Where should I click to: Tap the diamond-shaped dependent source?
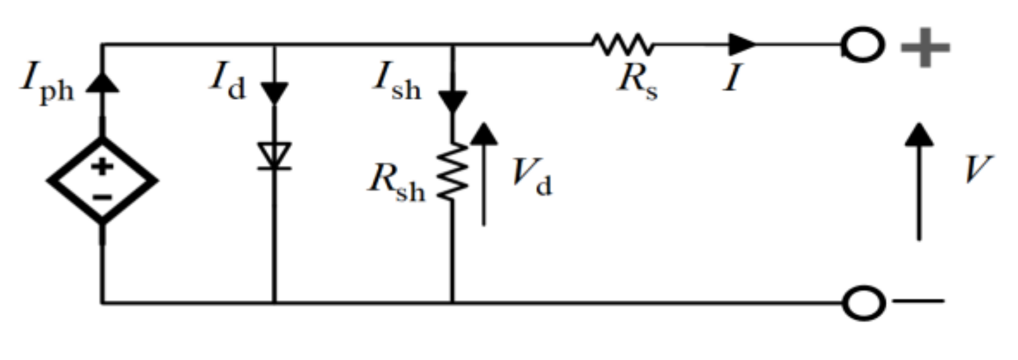[x=103, y=181]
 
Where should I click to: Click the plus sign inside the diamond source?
[x=102, y=167]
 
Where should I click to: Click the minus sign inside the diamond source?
[x=102, y=197]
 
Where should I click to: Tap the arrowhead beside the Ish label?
[x=452, y=101]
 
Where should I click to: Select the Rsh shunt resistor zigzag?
[x=453, y=172]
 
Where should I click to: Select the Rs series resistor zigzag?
[x=622, y=44]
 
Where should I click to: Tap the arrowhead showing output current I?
[x=742, y=44]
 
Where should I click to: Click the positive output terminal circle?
[x=863, y=45]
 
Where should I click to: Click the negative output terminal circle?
[x=863, y=302]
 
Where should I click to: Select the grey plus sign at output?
[x=925, y=46]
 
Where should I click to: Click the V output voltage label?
[x=977, y=170]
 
